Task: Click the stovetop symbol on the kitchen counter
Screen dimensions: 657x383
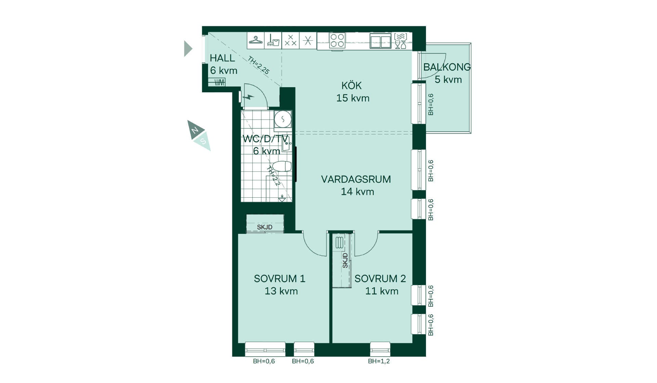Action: [x=337, y=40]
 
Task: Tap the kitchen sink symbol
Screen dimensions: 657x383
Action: [x=381, y=41]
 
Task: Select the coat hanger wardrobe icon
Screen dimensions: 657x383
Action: [x=256, y=40]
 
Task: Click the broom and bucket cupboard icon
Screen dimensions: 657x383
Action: [x=273, y=40]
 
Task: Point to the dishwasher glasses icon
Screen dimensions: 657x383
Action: [x=400, y=41]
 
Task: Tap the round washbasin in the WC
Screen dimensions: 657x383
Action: [x=283, y=119]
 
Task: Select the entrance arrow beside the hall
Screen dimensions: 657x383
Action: [x=188, y=49]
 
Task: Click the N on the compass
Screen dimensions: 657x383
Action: [x=195, y=130]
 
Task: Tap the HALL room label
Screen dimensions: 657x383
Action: [x=222, y=58]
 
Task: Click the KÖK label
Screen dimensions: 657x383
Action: [x=351, y=85]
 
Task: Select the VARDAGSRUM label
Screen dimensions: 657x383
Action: [x=356, y=179]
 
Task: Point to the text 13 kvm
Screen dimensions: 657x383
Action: [x=281, y=291]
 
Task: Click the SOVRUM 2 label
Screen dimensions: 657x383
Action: [x=380, y=279]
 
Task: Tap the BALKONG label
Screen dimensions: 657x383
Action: [x=447, y=67]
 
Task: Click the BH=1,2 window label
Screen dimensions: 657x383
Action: [x=379, y=361]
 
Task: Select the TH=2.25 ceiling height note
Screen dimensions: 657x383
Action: [x=259, y=65]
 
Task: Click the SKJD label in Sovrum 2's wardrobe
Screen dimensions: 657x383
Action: [x=345, y=261]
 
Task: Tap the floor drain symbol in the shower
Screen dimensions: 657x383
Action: [x=282, y=198]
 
